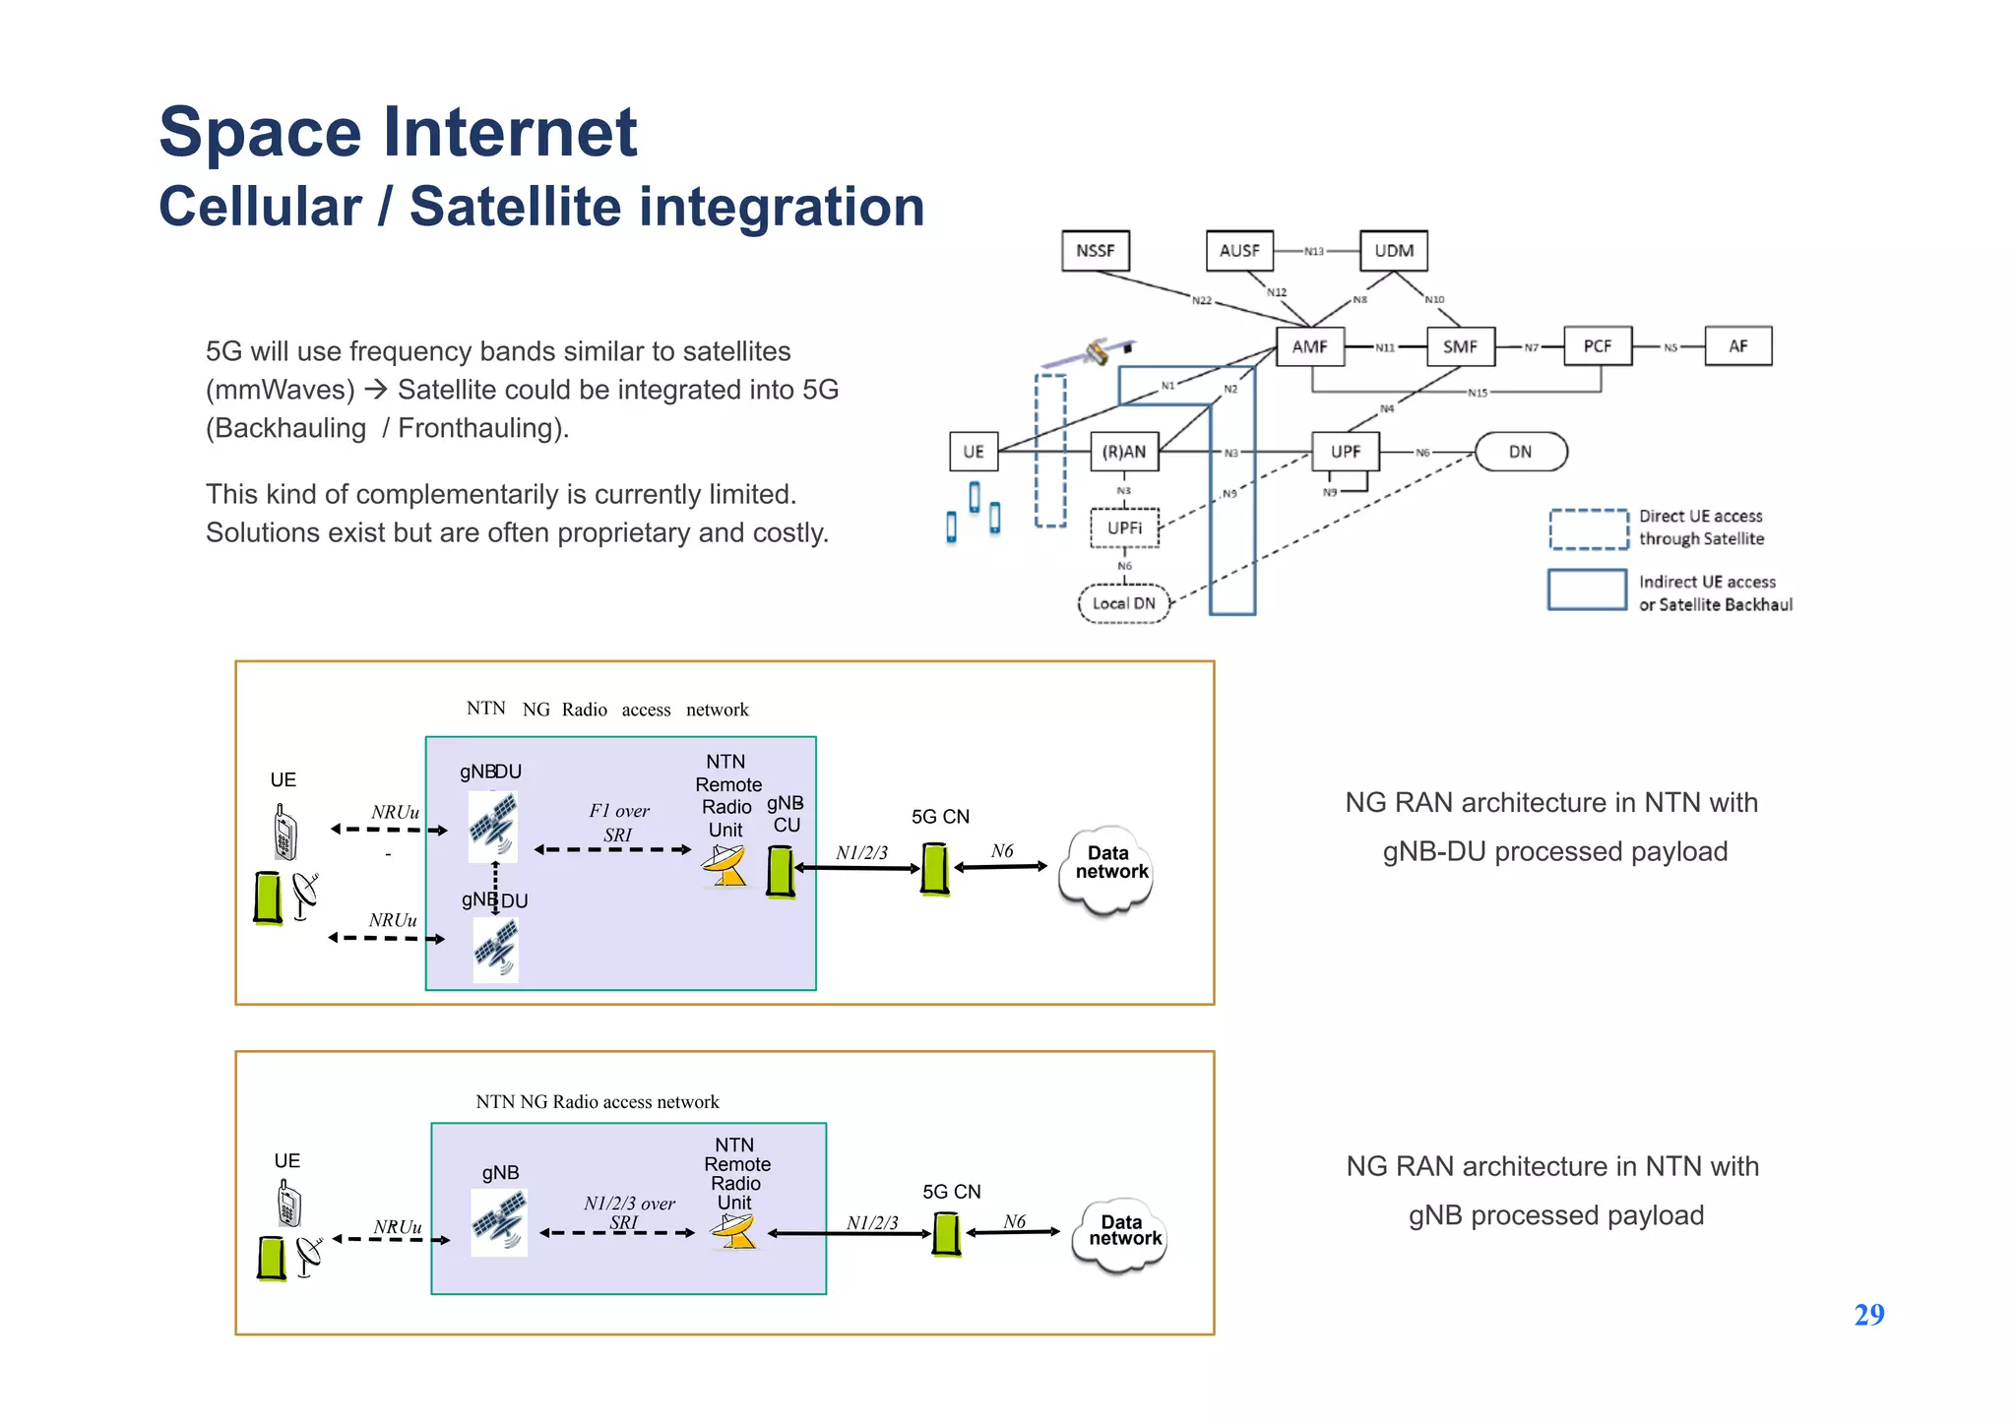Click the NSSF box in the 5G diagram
[1095, 251]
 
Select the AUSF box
[1239, 251]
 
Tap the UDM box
[1393, 251]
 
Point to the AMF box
[1309, 346]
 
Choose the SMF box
[1460, 346]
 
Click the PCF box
[1597, 346]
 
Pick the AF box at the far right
[1737, 346]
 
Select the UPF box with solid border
[1345, 452]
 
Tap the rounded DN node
[1520, 452]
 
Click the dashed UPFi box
[1124, 528]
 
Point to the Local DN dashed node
[1123, 603]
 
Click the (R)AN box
[1123, 452]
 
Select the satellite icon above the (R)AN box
[1093, 352]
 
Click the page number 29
[1868, 1315]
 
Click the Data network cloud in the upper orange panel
[1108, 866]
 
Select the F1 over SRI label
[619, 823]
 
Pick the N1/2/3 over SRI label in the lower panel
[629, 1211]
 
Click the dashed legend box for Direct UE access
[1588, 528]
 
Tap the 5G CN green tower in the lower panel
[946, 1234]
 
